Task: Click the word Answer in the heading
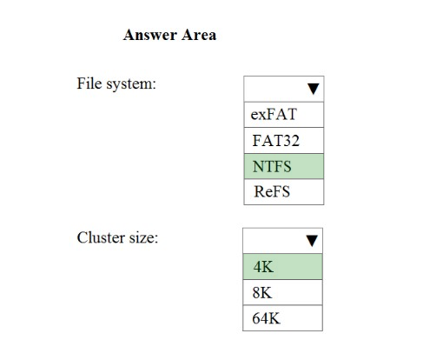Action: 150,35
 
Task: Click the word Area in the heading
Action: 199,35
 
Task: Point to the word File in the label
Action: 89,83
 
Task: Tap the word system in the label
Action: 131,84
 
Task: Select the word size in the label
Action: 143,238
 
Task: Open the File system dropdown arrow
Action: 314,89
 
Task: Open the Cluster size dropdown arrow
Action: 312,241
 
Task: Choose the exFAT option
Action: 284,115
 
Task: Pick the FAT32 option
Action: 284,141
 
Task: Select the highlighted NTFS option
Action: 284,166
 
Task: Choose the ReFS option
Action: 284,192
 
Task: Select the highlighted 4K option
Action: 282,267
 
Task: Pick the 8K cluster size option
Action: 282,292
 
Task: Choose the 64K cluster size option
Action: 282,318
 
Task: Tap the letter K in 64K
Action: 274,318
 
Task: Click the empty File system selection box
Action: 284,89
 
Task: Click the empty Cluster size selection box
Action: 282,241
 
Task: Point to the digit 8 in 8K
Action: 256,293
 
